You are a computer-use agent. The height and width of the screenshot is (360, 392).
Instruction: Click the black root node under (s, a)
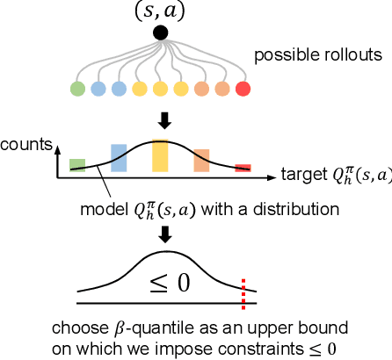161,33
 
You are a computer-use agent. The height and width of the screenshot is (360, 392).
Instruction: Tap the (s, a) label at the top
160,12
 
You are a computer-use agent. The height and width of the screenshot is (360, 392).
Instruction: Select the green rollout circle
77,89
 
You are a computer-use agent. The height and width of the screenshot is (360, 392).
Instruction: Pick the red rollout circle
243,89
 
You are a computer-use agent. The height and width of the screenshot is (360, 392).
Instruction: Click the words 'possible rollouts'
318,55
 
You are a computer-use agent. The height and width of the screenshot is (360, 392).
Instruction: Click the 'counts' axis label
27,142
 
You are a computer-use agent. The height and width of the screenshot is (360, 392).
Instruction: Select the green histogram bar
77,164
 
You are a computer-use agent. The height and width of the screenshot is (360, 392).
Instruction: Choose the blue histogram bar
119,157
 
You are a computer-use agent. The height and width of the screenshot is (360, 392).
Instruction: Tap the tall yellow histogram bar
160,155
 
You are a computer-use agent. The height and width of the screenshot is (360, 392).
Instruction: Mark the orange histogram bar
201,159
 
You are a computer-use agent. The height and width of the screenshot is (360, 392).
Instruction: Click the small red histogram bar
243,167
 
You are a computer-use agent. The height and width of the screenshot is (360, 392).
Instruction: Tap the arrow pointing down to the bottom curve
161,234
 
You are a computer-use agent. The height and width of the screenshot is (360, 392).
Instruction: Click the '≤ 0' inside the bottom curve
161,280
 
